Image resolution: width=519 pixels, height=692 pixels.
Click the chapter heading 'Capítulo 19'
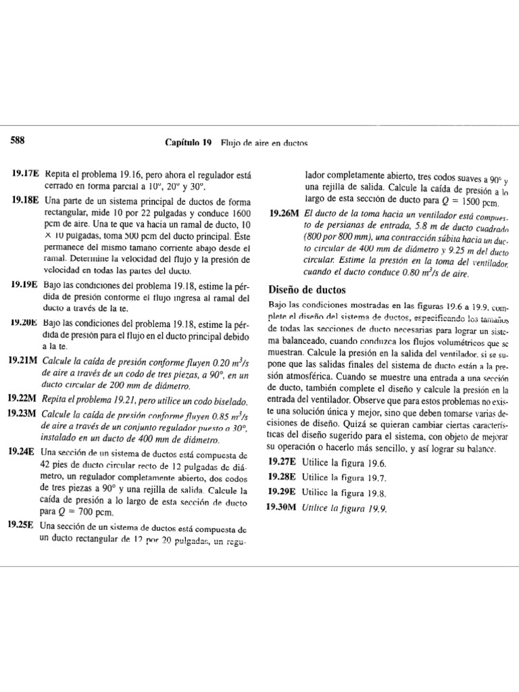tap(189, 143)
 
